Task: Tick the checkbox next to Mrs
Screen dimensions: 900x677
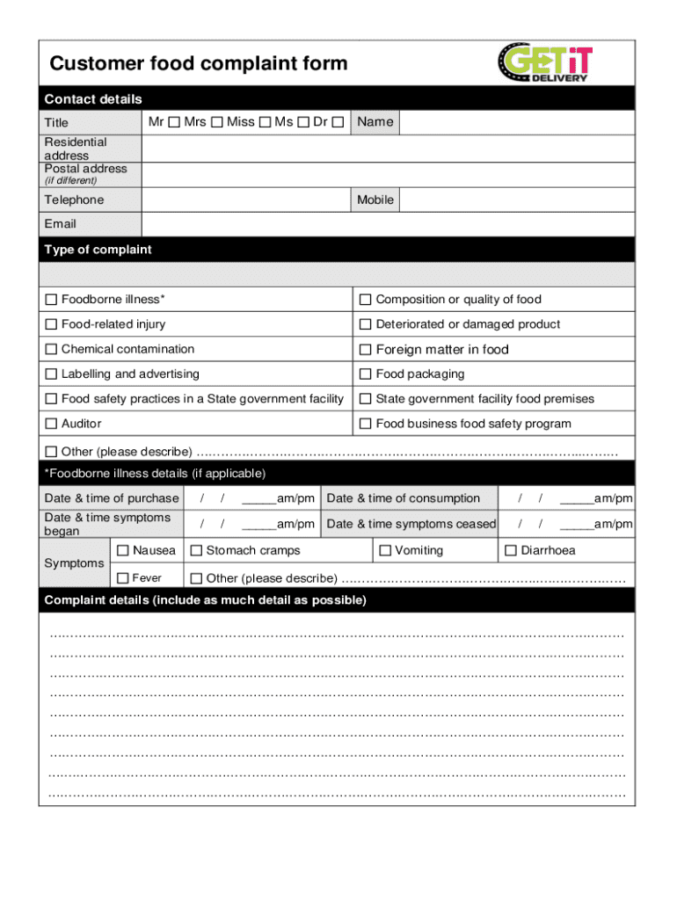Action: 216,122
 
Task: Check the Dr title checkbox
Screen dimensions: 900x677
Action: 338,122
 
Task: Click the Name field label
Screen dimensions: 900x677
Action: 375,122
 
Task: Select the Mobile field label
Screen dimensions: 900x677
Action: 375,200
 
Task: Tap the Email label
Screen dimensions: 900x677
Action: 61,224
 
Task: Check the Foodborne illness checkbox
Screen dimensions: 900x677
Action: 51,300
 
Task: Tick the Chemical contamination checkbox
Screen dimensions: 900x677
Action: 51,349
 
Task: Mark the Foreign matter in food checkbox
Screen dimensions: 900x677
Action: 366,349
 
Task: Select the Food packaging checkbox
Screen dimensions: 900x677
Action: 366,374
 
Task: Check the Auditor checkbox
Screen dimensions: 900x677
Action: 51,424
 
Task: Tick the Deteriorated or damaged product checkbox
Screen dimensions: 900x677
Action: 366,324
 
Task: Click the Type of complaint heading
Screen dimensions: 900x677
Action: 98,250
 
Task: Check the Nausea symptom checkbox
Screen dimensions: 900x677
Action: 123,551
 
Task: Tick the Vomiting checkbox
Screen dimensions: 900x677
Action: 385,551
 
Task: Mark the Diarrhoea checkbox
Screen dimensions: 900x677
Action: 511,551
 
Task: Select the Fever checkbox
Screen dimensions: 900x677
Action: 123,578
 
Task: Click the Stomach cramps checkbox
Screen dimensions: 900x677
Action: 197,551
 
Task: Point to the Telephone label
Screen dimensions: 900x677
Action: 74,200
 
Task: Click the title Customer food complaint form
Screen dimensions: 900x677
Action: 199,63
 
